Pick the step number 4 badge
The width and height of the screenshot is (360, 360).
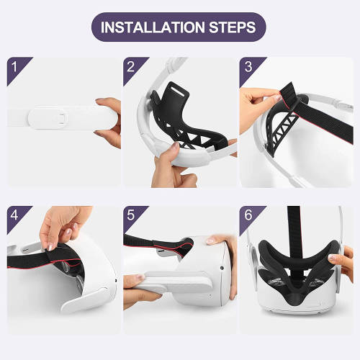click(x=14, y=215)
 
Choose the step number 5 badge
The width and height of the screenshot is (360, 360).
click(x=131, y=215)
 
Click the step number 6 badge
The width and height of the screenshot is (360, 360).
click(x=248, y=215)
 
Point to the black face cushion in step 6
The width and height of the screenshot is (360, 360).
click(x=294, y=277)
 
